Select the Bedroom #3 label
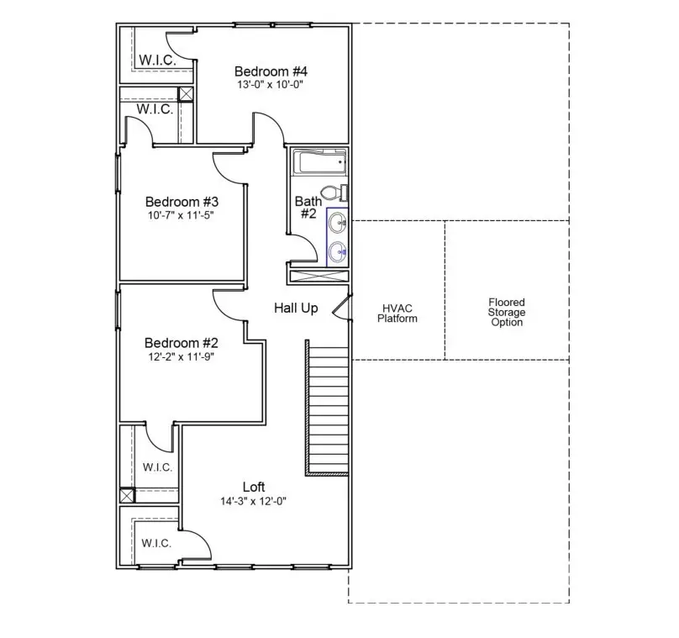pyautogui.click(x=182, y=202)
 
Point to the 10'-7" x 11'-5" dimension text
pyautogui.click(x=182, y=216)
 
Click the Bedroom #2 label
pyautogui.click(x=182, y=343)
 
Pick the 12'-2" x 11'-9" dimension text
pyautogui.click(x=182, y=356)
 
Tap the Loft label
pyautogui.click(x=254, y=487)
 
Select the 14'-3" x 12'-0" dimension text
pyautogui.click(x=254, y=501)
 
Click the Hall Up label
pyautogui.click(x=296, y=308)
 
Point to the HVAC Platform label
pyautogui.click(x=397, y=313)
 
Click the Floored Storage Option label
pyautogui.click(x=507, y=312)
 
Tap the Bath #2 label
pyautogui.click(x=308, y=208)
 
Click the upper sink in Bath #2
pyautogui.click(x=337, y=223)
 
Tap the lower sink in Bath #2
pyautogui.click(x=337, y=250)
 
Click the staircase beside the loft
pyautogui.click(x=327, y=409)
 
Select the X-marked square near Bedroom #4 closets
pyautogui.click(x=186, y=94)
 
